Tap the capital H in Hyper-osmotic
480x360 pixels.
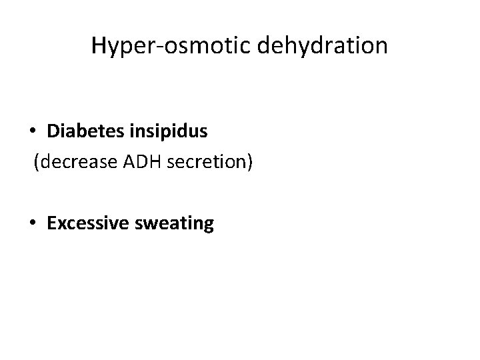[x=98, y=45]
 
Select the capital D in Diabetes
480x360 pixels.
[x=53, y=132]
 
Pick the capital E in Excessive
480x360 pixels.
[x=52, y=224]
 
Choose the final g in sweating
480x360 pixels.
[x=208, y=227]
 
